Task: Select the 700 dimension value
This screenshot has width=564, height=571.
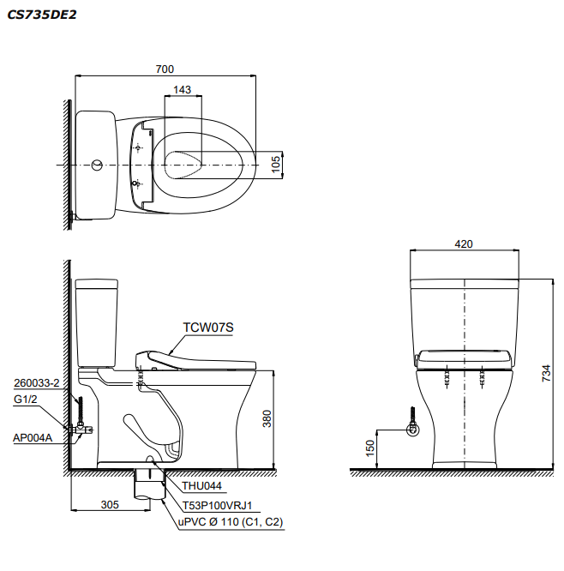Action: tap(165, 68)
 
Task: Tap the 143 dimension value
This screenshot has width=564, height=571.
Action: tap(182, 89)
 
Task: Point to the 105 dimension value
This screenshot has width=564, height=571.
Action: tap(276, 163)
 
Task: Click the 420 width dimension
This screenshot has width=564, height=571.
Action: tap(463, 243)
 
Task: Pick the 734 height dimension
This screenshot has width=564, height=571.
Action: tap(546, 374)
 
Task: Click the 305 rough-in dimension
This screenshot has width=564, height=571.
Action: tap(109, 505)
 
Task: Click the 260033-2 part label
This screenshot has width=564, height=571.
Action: tap(36, 383)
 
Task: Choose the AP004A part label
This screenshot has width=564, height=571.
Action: tap(33, 437)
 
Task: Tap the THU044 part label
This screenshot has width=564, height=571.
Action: tap(201, 486)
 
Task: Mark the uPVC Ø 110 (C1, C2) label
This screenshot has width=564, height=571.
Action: tap(230, 522)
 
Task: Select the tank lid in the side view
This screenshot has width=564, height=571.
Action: tap(96, 284)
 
